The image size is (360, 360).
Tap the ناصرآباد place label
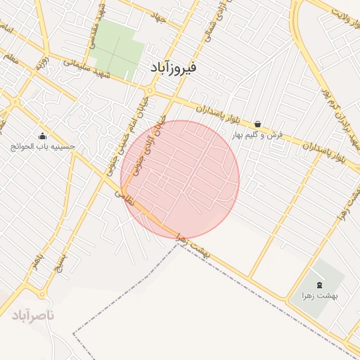tap(32, 316)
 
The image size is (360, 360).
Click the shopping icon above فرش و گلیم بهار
tap(257, 123)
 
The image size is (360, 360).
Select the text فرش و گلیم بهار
tap(257, 134)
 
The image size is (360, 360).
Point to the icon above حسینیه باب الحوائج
tap(42, 136)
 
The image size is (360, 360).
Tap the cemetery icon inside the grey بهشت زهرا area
tap(320, 285)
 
